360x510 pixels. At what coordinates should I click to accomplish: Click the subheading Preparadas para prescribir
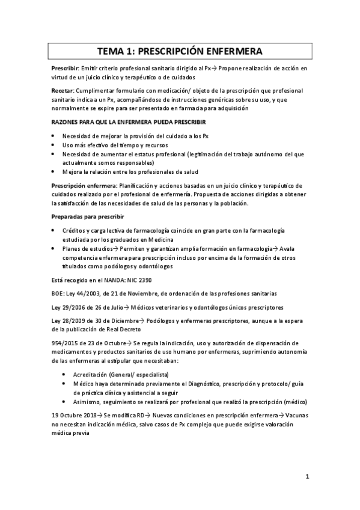click(88, 217)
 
